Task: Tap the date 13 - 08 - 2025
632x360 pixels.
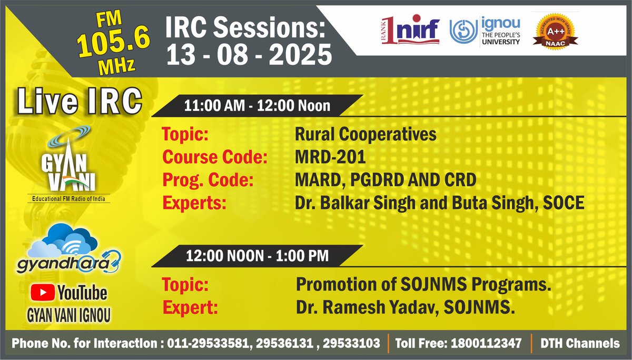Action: coord(249,55)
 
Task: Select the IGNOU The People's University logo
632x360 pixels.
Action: coord(485,31)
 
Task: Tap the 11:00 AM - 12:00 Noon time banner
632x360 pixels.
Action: coord(257,106)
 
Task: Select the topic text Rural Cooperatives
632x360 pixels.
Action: coord(366,134)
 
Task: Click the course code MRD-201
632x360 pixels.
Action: coord(330,157)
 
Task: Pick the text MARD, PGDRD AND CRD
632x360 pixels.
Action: coord(386,180)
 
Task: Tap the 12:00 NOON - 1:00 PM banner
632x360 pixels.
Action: coord(257,256)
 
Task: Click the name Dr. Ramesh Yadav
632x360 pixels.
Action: coord(364,307)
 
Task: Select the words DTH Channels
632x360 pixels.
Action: coord(580,344)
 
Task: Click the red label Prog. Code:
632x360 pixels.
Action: coord(208,180)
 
